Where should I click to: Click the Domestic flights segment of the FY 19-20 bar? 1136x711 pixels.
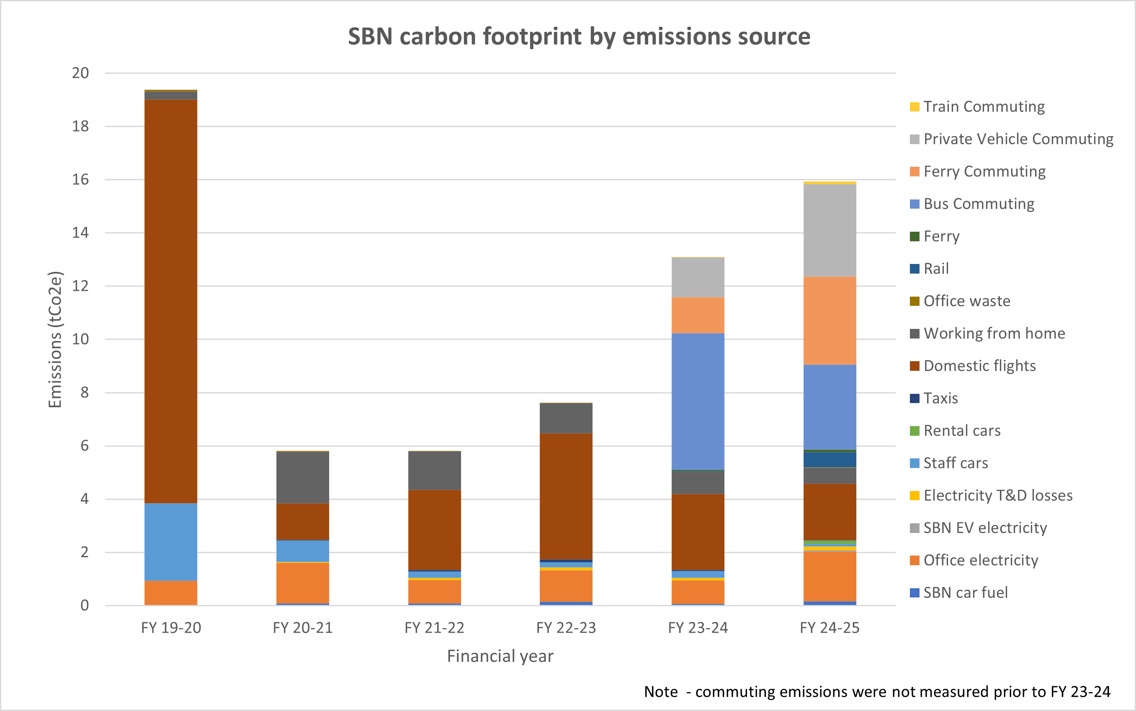pos(170,301)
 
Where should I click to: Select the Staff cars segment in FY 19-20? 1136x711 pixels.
pos(170,542)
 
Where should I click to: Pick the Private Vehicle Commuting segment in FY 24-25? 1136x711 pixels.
pos(829,230)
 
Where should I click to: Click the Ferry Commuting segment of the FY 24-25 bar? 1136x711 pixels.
pos(829,320)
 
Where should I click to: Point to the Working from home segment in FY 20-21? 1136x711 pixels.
pos(303,477)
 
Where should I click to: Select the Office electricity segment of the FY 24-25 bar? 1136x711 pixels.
pos(829,576)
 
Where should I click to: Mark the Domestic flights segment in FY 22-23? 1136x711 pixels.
pos(566,496)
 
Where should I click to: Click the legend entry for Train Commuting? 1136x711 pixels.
pos(983,107)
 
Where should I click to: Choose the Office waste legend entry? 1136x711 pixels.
pos(966,301)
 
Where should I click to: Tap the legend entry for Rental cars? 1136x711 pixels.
pos(962,431)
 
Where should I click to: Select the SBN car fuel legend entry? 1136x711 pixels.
pos(965,592)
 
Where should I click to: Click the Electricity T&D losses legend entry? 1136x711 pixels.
pos(997,496)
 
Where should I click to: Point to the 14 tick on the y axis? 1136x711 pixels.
pos(80,233)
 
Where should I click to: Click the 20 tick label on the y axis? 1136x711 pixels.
pos(80,73)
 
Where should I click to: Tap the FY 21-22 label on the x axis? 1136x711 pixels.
pos(434,628)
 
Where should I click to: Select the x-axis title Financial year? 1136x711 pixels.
pos(500,656)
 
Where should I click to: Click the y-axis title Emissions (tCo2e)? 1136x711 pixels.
pos(55,339)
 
